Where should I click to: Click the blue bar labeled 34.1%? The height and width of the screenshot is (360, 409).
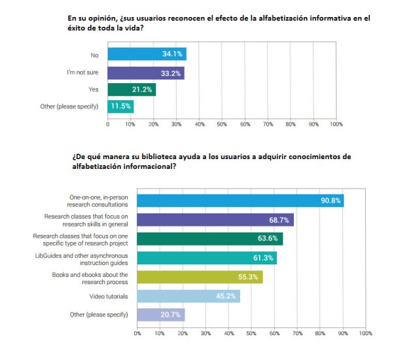tap(147, 54)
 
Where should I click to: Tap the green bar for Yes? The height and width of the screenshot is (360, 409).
tap(132, 90)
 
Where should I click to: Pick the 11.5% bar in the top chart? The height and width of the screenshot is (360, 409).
tap(120, 107)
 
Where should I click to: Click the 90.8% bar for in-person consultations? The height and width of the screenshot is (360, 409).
tap(240, 200)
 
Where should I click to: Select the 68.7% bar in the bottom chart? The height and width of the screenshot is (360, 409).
tap(215, 219)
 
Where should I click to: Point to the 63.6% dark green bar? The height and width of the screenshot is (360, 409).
tap(209, 238)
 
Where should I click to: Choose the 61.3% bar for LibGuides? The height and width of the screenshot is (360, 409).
tap(207, 258)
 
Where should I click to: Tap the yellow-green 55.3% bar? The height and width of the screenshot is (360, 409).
tap(200, 277)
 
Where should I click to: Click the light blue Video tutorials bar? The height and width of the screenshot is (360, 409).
tap(188, 296)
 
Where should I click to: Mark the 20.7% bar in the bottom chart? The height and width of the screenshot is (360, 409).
tap(161, 315)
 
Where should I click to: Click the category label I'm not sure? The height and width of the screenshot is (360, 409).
tap(84, 72)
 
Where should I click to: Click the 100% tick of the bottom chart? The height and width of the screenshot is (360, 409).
tap(365, 333)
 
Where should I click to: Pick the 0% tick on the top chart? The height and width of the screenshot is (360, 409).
tap(107, 124)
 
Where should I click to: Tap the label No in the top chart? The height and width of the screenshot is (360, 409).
tap(95, 54)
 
